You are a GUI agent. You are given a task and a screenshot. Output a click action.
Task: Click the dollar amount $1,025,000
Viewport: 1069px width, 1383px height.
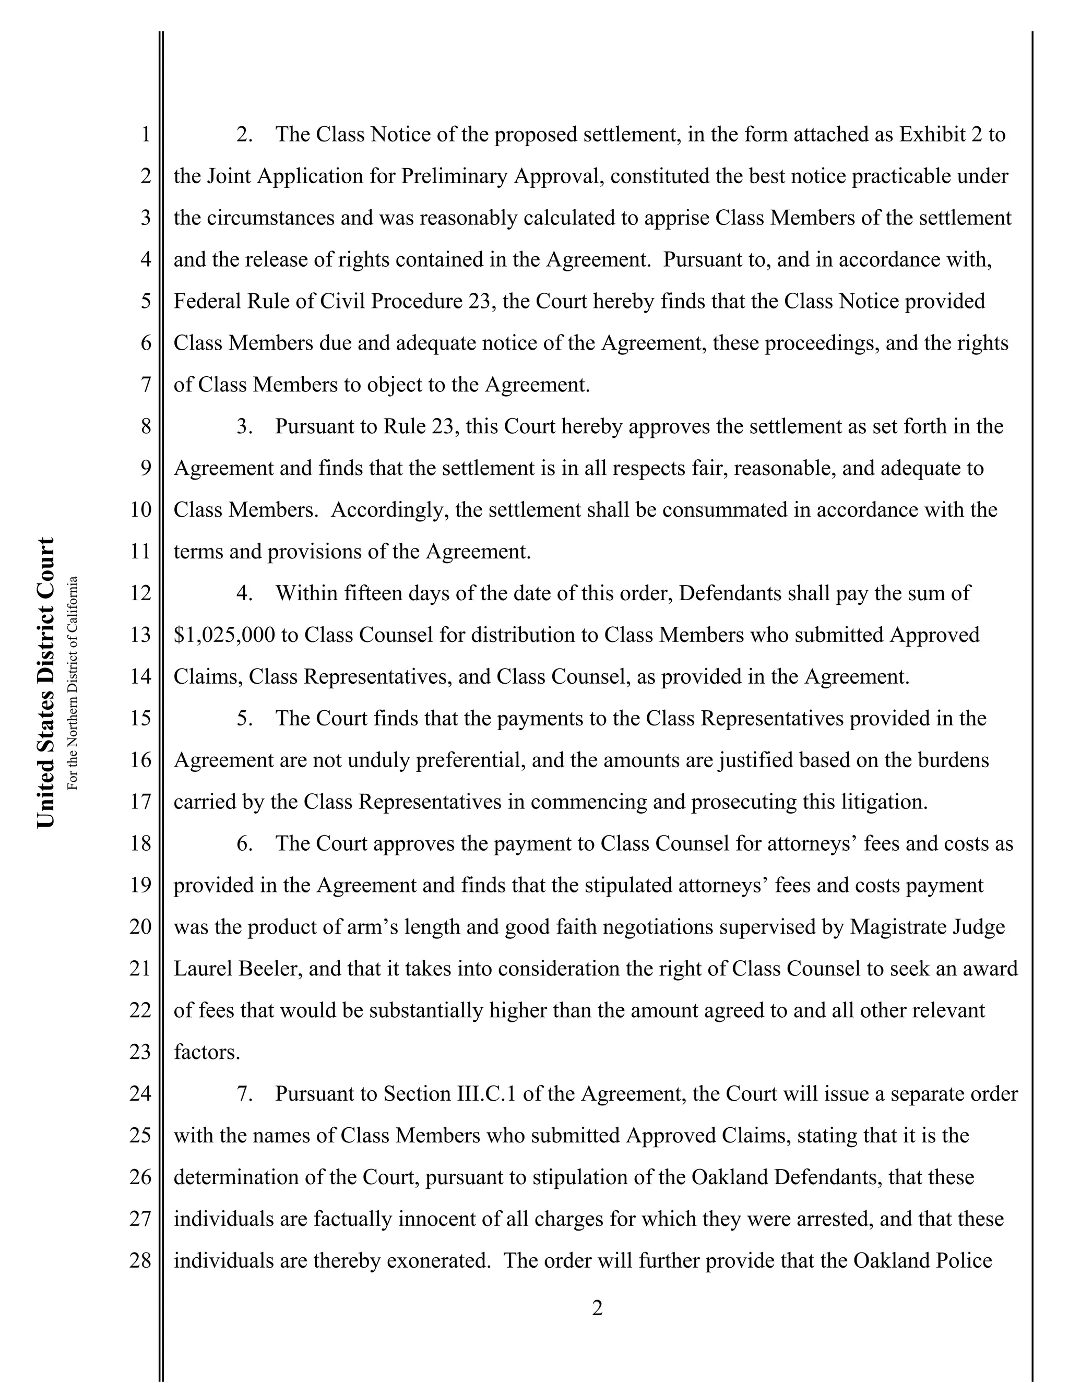pyautogui.click(x=224, y=635)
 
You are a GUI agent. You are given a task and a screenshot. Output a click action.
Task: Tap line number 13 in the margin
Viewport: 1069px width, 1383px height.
pyautogui.click(x=140, y=635)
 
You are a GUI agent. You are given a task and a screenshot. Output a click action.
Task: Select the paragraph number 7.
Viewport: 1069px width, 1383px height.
pyautogui.click(x=244, y=1093)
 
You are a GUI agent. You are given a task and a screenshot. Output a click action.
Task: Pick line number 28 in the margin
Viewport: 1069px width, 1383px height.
pyautogui.click(x=140, y=1261)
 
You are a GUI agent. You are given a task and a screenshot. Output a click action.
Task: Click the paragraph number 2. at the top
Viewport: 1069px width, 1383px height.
pyautogui.click(x=244, y=135)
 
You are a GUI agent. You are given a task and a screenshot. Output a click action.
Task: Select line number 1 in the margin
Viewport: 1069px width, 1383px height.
pyautogui.click(x=146, y=135)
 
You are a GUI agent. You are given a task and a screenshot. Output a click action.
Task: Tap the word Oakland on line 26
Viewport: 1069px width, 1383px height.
pyautogui.click(x=730, y=1177)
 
